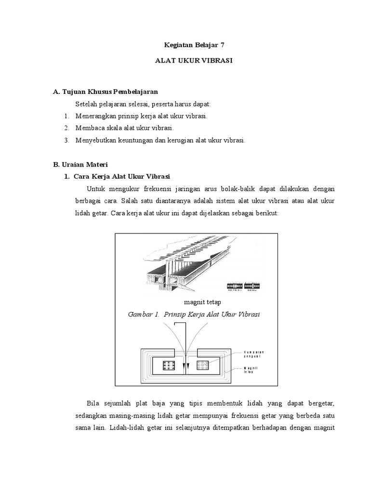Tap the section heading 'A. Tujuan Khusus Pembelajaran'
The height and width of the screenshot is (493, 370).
106,91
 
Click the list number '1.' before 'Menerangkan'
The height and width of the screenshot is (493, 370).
66,117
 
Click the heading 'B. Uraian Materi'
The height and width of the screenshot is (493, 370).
80,164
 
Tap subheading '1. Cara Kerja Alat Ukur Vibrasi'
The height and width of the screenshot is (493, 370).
118,176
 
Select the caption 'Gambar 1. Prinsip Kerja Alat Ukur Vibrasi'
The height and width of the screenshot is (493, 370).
194,314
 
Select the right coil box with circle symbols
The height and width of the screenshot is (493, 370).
203,365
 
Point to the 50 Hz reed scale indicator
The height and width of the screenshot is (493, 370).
252,286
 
